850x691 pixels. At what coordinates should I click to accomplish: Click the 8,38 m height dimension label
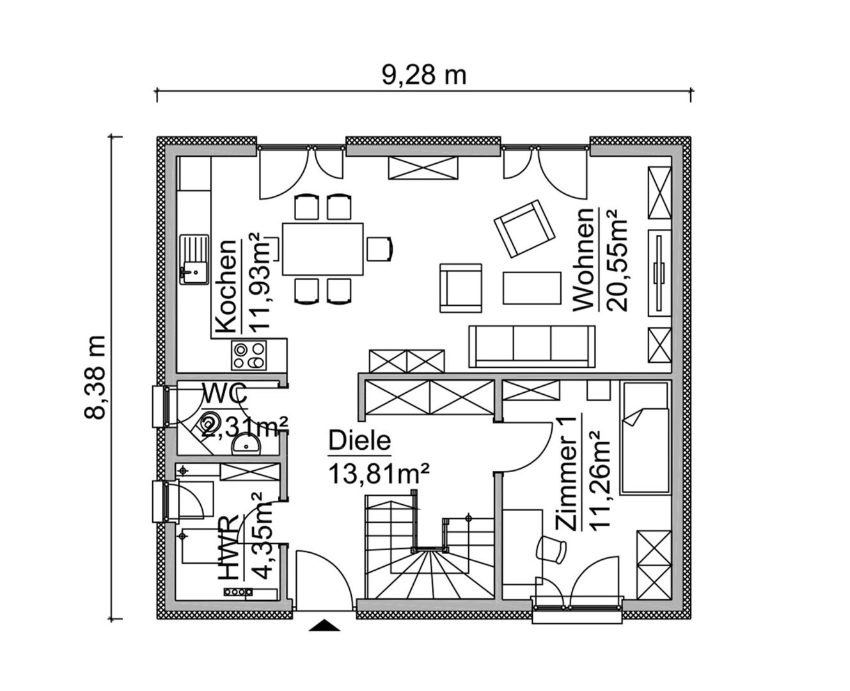(x=95, y=377)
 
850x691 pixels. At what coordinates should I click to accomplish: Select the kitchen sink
(x=194, y=260)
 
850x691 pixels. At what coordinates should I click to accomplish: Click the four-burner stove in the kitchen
(x=248, y=355)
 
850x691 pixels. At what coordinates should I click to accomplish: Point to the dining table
(x=322, y=249)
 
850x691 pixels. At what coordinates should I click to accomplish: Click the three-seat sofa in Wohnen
(x=532, y=346)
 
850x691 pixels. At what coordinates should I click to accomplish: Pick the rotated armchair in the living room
(x=524, y=229)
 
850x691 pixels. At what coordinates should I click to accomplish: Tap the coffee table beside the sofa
(x=532, y=288)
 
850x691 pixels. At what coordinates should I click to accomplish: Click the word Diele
(x=359, y=441)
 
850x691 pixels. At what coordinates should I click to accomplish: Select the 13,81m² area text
(x=379, y=474)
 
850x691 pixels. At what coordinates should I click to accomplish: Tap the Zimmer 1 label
(x=566, y=473)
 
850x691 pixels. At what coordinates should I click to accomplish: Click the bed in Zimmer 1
(x=643, y=438)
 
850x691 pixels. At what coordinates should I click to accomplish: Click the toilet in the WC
(x=210, y=423)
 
